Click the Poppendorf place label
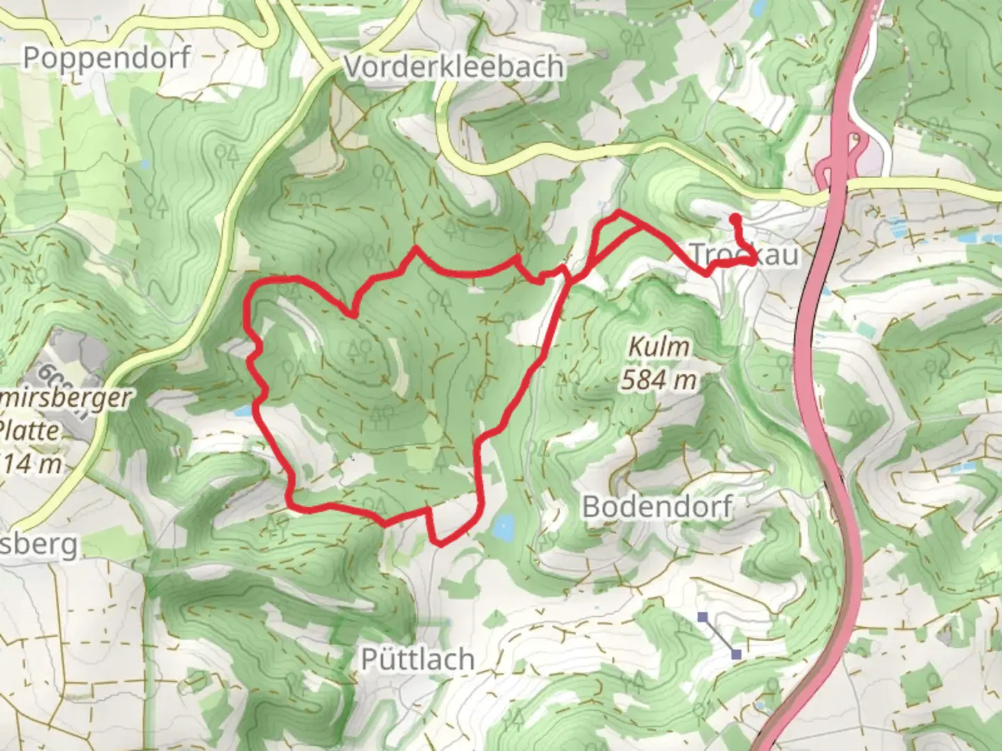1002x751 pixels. (106, 57)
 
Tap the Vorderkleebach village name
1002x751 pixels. (454, 67)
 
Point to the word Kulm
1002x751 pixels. (658, 347)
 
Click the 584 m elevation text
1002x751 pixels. (658, 380)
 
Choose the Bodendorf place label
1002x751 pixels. (657, 506)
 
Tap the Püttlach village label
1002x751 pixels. (417, 659)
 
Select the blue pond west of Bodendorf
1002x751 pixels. (504, 528)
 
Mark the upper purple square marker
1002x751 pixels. (703, 616)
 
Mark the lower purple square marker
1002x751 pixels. (736, 654)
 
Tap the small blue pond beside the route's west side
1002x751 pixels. (243, 412)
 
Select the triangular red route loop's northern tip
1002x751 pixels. (619, 211)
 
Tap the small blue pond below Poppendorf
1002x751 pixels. (144, 165)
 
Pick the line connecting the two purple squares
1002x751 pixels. (720, 635)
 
